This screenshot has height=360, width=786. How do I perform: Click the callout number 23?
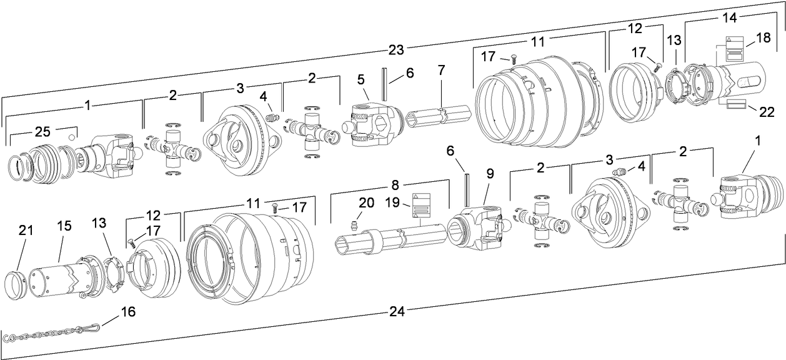(x=396, y=48)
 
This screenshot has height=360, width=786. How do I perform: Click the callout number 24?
(x=397, y=310)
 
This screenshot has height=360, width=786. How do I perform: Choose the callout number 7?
(x=442, y=70)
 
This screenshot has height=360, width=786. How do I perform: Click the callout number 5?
(x=361, y=80)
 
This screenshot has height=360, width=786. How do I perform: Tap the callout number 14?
(x=730, y=17)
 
